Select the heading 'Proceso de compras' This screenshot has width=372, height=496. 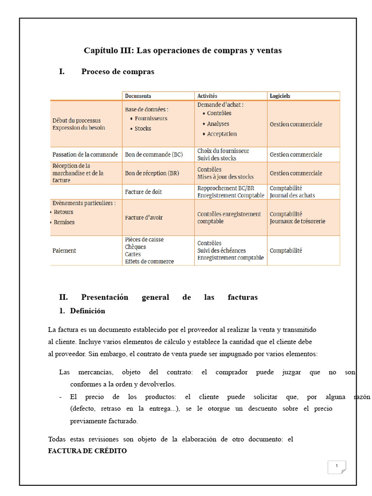(118, 72)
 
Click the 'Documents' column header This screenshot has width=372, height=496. (138, 96)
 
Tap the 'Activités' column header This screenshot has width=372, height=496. (207, 96)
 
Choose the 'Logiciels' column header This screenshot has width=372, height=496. (280, 96)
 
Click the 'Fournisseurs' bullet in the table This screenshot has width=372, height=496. (151, 118)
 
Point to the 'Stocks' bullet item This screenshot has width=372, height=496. (143, 128)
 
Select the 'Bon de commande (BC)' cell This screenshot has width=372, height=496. (154, 155)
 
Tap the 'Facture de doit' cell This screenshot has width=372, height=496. (143, 192)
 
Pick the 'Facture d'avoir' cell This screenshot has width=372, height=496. (144, 217)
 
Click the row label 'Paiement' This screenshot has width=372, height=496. (64, 250)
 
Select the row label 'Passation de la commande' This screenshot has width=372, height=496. (85, 155)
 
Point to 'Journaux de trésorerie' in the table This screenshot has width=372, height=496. (297, 221)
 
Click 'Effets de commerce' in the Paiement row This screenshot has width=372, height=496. (149, 261)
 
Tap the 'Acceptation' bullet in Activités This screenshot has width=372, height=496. (222, 134)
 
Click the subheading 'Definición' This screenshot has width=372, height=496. (87, 310)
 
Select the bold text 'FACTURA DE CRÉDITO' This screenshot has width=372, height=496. (87, 451)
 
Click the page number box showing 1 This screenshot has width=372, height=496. (337, 467)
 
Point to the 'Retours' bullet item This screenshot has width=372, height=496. (63, 212)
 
